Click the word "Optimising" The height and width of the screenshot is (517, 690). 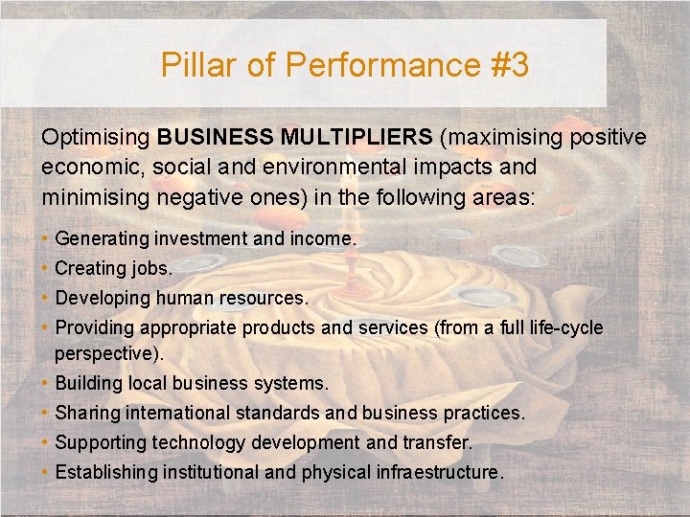pyautogui.click(x=96, y=137)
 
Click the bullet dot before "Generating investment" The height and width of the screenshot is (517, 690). pyautogui.click(x=46, y=238)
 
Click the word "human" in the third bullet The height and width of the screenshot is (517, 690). pyautogui.click(x=181, y=298)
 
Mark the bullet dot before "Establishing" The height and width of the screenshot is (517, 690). pyautogui.click(x=46, y=472)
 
